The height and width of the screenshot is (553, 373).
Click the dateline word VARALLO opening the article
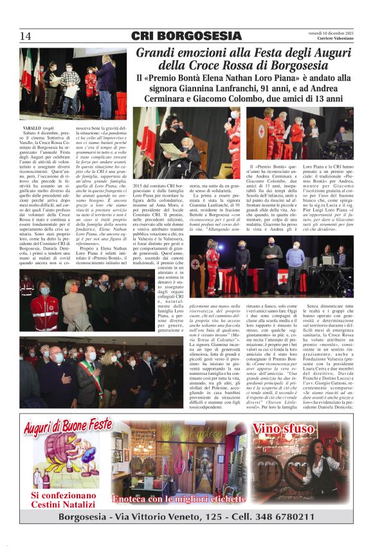click(x=33, y=129)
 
